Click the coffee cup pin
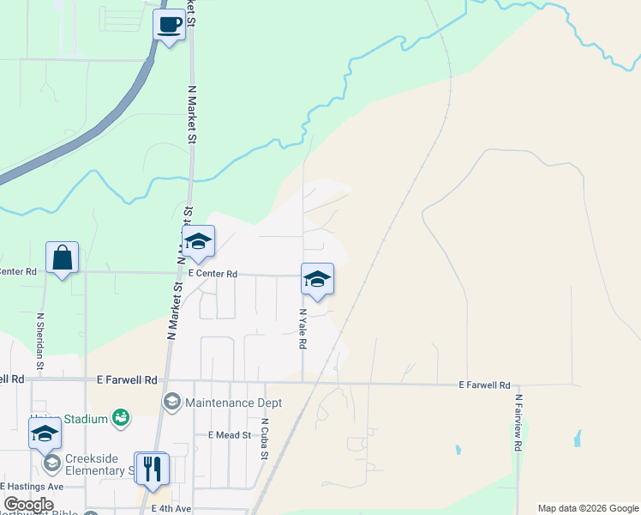click(x=169, y=24)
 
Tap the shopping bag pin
click(x=63, y=257)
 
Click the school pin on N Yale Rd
click(x=317, y=279)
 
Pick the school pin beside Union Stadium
click(x=45, y=433)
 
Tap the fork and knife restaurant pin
click(x=153, y=469)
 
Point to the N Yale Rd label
click(x=303, y=329)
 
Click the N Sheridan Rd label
click(x=40, y=337)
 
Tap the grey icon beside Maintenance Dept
click(x=172, y=402)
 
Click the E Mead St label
click(x=229, y=435)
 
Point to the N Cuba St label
click(x=266, y=439)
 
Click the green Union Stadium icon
click(x=121, y=418)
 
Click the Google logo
click(x=28, y=505)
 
